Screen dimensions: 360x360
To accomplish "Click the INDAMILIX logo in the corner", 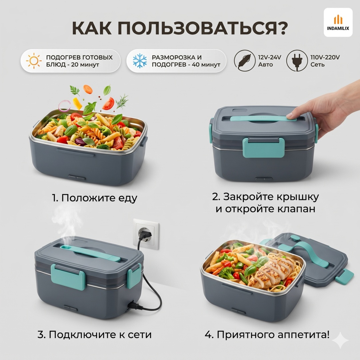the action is [338, 22].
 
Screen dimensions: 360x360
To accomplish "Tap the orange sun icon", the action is [34, 61].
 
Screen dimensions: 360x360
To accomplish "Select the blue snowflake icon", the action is [140, 61].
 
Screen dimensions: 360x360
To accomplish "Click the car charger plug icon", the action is [245, 61].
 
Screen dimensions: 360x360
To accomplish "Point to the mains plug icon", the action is [297, 61].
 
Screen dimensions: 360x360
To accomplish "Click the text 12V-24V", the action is [270, 57].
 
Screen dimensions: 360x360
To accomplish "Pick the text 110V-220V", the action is [325, 57].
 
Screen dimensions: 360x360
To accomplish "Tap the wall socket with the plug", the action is [146, 234].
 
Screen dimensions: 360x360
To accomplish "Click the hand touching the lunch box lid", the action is [331, 108].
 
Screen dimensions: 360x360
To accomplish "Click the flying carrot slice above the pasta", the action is [88, 89].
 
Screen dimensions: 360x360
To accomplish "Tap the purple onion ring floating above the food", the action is [65, 106].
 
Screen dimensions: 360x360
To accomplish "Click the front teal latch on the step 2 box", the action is [264, 148].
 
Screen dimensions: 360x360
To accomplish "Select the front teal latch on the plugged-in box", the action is [68, 277].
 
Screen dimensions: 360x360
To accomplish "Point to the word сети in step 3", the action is [140, 335].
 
